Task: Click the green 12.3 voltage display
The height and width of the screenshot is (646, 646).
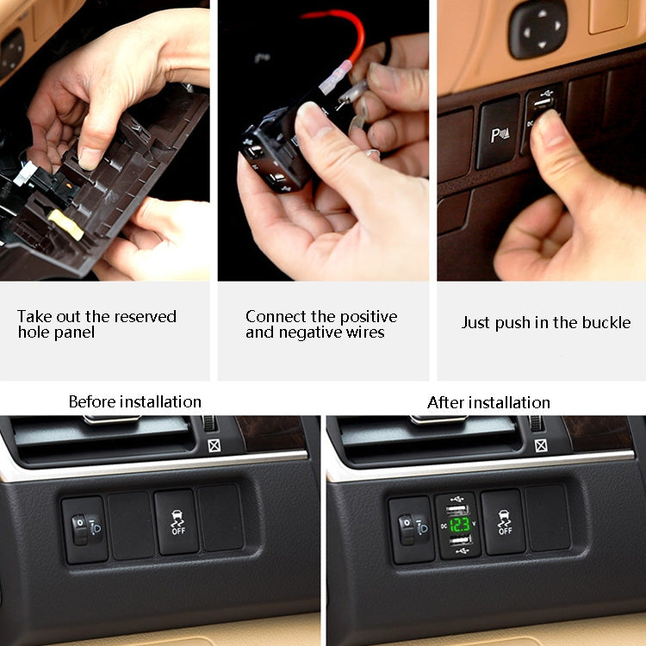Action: tap(459, 523)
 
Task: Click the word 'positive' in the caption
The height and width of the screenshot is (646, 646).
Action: tap(366, 316)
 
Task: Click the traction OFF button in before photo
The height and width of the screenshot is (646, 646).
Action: tap(177, 522)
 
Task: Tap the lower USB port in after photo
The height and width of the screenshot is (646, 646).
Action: tap(459, 542)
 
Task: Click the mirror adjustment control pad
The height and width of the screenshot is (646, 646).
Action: tap(538, 28)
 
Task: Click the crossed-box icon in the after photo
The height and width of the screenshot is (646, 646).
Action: tap(540, 445)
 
